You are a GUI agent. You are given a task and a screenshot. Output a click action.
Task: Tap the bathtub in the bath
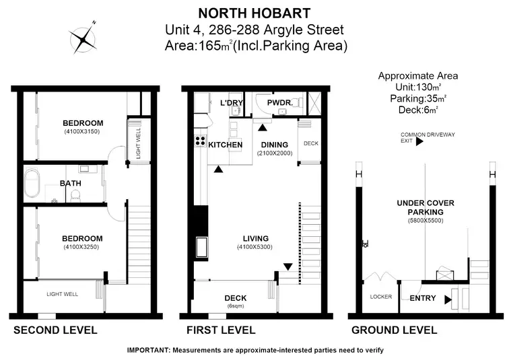coord(32,183)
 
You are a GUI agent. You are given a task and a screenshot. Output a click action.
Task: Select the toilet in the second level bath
coord(76,195)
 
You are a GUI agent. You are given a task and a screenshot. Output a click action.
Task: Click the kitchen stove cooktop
coord(200,141)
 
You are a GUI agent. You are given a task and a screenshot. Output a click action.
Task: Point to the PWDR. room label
coord(279,102)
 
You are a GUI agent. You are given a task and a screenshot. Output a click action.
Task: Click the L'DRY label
coord(232,102)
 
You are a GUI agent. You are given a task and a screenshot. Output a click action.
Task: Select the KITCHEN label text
coord(225,145)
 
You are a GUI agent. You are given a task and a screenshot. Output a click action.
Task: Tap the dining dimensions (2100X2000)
coord(274,153)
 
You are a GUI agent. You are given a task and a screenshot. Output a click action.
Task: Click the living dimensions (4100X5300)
coord(256,248)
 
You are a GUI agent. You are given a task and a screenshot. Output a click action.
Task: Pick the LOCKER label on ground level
coord(381,297)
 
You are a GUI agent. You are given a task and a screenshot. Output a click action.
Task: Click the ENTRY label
coord(422,298)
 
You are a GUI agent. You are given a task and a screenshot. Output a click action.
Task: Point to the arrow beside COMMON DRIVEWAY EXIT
coord(419,141)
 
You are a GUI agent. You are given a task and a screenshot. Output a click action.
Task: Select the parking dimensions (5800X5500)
coord(425,221)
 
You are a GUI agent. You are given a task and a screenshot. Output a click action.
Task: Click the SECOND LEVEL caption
coord(55,330)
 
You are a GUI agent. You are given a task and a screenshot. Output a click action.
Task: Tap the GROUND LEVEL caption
coord(395,330)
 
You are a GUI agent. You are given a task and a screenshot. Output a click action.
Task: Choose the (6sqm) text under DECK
coord(236,306)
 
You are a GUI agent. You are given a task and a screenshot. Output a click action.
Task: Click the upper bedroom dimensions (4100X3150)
coord(82,132)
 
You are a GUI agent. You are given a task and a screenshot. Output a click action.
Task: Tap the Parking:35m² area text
coord(418,98)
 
